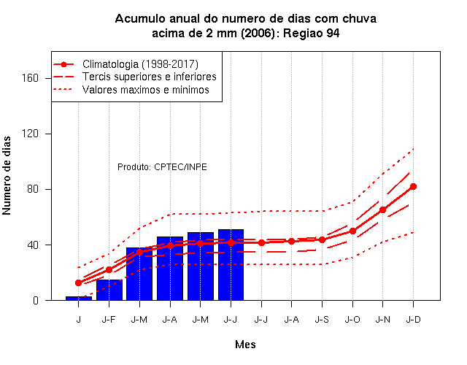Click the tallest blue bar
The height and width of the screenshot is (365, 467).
pos(231,264)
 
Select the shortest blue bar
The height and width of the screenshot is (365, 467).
pos(79,299)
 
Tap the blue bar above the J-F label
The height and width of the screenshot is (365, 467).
pos(109,290)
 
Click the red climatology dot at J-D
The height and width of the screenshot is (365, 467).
pos(413,187)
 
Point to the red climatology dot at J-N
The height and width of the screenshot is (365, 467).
pos(382,210)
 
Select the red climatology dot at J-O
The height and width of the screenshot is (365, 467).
pos(352,231)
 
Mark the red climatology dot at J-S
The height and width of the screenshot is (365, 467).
pos(322,239)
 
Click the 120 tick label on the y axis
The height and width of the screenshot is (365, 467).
pos(31,134)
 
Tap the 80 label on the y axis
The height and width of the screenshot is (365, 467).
pos(33,189)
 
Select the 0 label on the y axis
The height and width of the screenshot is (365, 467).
pos(36,300)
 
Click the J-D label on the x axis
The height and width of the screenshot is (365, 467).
pos(414,320)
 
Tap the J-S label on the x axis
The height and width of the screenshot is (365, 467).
pos(322,320)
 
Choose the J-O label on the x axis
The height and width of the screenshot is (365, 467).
pos(352,320)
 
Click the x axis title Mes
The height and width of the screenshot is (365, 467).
pos(245,345)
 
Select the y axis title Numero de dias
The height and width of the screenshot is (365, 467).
pos(7,175)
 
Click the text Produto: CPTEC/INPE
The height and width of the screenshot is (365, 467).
pos(162,167)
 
